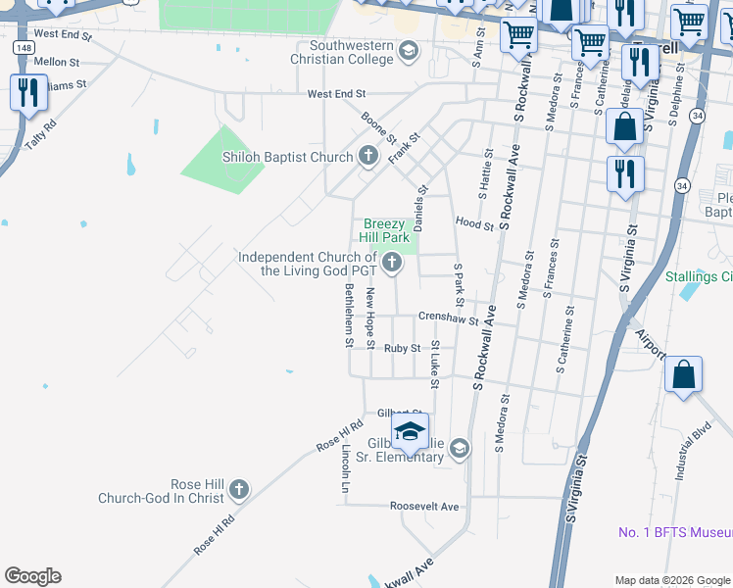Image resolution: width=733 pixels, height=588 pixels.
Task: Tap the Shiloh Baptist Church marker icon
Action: [368, 156]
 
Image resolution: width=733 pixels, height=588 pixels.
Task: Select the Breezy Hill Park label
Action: [386, 230]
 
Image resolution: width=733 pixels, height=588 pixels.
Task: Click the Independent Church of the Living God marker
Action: [392, 261]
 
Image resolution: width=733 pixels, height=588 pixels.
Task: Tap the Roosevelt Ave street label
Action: [424, 507]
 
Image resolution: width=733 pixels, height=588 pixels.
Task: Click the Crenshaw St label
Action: [448, 318]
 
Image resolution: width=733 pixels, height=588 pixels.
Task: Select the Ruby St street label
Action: [402, 348]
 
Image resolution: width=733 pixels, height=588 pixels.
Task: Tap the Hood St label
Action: [474, 225]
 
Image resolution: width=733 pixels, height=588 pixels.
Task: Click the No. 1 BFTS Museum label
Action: [675, 532]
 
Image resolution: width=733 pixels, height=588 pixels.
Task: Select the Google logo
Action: [32, 576]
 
